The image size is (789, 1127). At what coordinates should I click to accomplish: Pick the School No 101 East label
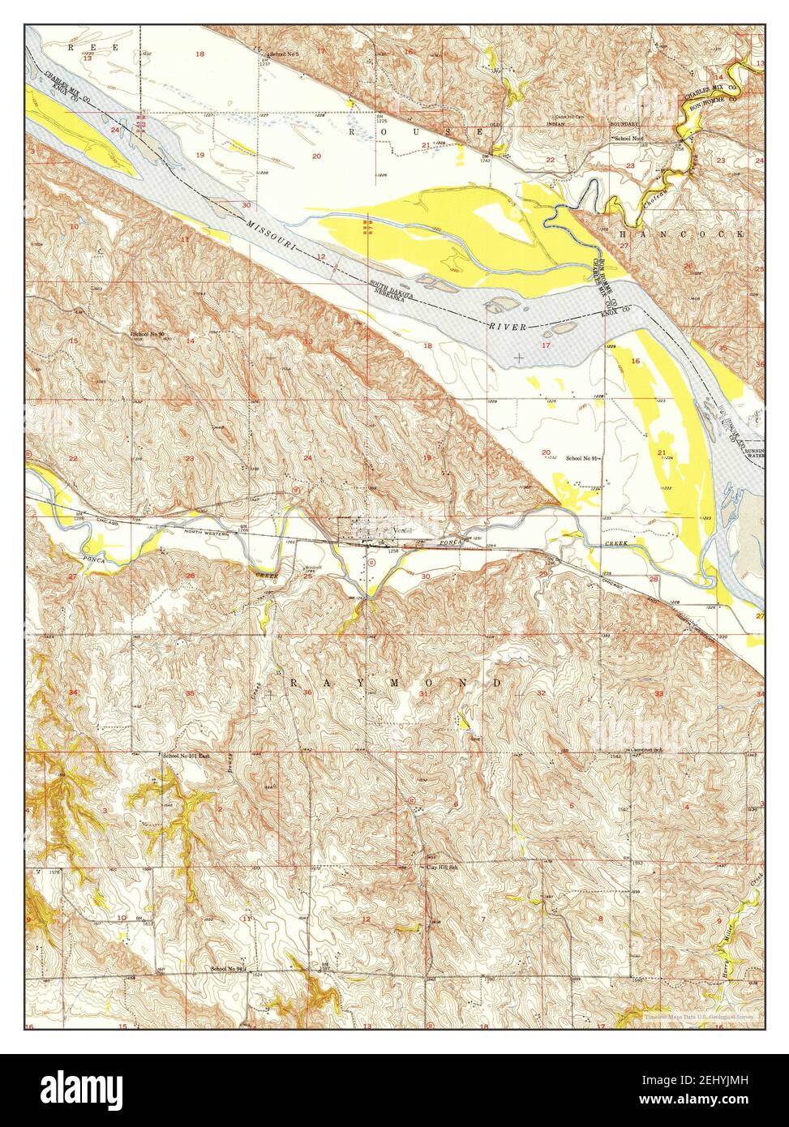click(187, 756)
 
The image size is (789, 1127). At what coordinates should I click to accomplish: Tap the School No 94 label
click(228, 968)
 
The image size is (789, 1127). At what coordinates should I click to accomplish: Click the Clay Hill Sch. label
click(444, 867)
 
